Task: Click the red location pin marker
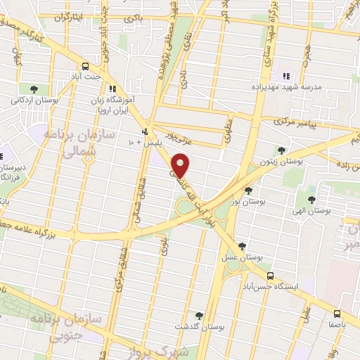pos(181,165)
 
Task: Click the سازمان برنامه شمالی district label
pos(72,146)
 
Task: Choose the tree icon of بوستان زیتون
pos(281,150)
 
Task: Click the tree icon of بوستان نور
pos(247,190)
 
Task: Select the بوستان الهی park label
pos(311,210)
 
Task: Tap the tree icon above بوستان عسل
pos(243,245)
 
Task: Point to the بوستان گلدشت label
pos(199,328)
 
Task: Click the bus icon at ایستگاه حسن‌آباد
pos(271,276)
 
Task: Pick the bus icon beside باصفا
pos(337,314)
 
